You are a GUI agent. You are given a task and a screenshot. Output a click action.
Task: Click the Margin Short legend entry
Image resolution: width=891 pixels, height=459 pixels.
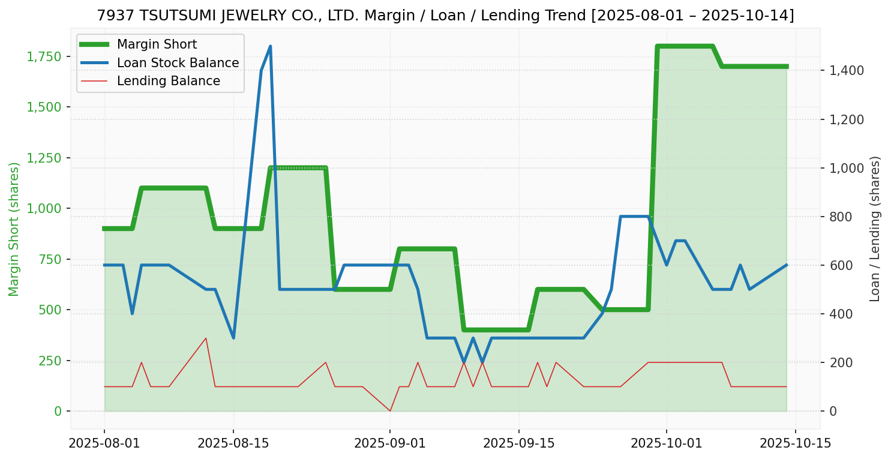pyautogui.click(x=157, y=44)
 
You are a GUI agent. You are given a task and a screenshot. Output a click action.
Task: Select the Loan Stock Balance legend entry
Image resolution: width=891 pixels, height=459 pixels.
pyautogui.click(x=178, y=63)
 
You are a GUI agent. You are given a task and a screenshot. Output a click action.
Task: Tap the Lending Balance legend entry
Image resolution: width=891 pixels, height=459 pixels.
pyautogui.click(x=168, y=81)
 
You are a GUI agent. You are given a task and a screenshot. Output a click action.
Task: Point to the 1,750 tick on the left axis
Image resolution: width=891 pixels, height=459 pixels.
pyautogui.click(x=44, y=57)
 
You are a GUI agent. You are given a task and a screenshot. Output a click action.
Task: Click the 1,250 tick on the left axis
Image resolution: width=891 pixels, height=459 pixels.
pyautogui.click(x=44, y=158)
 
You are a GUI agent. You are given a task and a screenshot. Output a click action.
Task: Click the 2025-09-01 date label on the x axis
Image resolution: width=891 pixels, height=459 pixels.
pyautogui.click(x=390, y=444)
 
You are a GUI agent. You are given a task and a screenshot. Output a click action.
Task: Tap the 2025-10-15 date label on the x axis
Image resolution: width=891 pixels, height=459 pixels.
pyautogui.click(x=796, y=444)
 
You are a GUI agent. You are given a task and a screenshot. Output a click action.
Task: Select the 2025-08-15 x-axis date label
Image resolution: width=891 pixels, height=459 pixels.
pyautogui.click(x=233, y=444)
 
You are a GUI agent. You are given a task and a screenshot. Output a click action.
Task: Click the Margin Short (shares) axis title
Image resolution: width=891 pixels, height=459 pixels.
pyautogui.click(x=14, y=229)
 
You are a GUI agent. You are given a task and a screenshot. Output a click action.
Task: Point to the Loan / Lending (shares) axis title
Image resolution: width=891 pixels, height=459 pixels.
pyautogui.click(x=875, y=229)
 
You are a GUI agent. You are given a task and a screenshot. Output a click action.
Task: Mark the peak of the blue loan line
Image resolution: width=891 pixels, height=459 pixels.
pyautogui.click(x=270, y=46)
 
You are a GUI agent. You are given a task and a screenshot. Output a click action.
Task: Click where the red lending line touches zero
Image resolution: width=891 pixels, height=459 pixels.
pyautogui.click(x=390, y=411)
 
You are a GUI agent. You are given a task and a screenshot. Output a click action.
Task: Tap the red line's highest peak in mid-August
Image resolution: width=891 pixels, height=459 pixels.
pyautogui.click(x=206, y=338)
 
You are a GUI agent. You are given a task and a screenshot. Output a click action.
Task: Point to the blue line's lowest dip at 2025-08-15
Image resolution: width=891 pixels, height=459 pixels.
pyautogui.click(x=233, y=338)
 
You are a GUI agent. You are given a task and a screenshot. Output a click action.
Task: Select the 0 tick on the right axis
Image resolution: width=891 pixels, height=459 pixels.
pyautogui.click(x=834, y=412)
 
